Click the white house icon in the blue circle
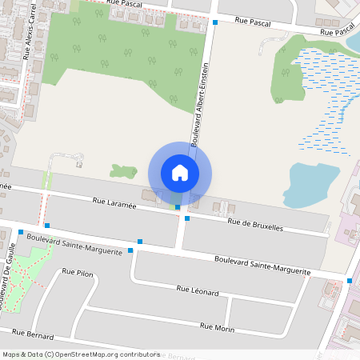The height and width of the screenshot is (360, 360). (180, 172)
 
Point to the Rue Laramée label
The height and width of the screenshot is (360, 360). (115, 205)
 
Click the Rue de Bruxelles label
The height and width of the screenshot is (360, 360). (255, 226)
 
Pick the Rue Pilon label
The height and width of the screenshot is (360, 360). (78, 273)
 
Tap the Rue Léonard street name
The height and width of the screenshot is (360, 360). (198, 291)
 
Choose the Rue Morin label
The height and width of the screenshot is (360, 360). (217, 326)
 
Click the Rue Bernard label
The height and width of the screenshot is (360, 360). (33, 334)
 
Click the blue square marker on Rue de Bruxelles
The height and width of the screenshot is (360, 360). (187, 218)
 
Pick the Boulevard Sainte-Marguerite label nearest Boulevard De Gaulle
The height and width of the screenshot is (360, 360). (74, 243)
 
